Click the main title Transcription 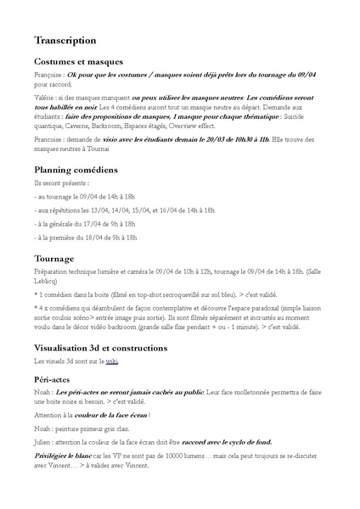65,40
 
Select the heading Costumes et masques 78,61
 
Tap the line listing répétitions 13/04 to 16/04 125,210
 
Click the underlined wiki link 112,361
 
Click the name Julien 43,442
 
